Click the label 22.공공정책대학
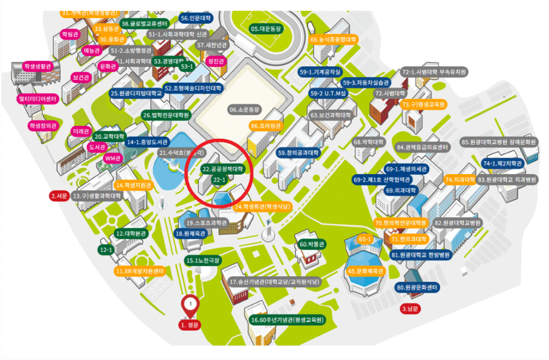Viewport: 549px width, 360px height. pyautogui.click(x=222, y=169)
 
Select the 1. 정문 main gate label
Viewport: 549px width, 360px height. pyautogui.click(x=190, y=325)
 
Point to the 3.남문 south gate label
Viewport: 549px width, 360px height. pyautogui.click(x=412, y=309)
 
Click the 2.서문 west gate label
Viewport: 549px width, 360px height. pyautogui.click(x=58, y=196)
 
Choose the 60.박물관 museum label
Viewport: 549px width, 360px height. pyautogui.click(x=313, y=244)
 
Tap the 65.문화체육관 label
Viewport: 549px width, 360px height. pyautogui.click(x=366, y=272)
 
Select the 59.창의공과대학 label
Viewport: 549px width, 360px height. pyautogui.click(x=299, y=153)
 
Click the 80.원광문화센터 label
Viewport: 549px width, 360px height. pyautogui.click(x=418, y=288)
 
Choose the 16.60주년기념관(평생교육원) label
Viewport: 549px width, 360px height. pyautogui.click(x=287, y=320)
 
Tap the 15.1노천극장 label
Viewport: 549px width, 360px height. pyautogui.click(x=203, y=260)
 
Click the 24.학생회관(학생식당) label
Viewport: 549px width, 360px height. pyautogui.click(x=263, y=206)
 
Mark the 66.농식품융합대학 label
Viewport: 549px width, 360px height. pyautogui.click(x=333, y=39)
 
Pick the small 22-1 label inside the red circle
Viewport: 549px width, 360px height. pyautogui.click(x=220, y=179)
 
